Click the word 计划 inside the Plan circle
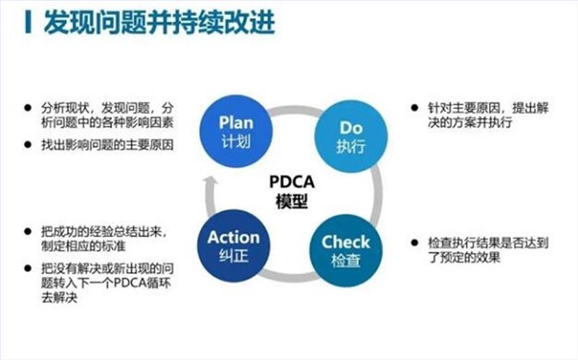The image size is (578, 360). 236,140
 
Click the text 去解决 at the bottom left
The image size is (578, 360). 60,295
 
